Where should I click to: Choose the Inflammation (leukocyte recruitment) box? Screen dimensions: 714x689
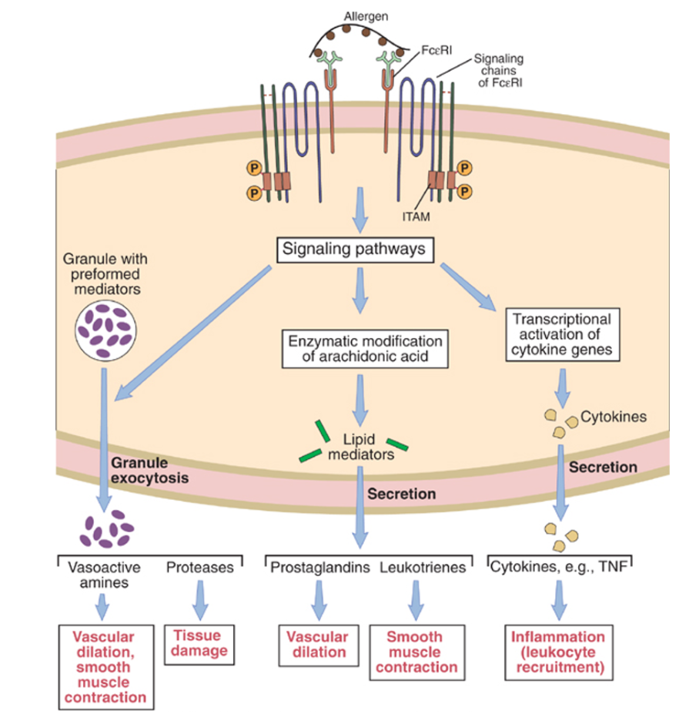tap(560, 652)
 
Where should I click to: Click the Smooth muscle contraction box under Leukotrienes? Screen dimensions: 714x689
tap(414, 652)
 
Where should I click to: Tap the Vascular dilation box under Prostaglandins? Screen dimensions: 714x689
tap(316, 644)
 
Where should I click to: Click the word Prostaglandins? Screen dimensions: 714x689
tap(319, 568)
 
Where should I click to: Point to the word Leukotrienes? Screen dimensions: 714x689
tap(423, 568)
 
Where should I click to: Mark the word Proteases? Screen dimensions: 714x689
tap(199, 568)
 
